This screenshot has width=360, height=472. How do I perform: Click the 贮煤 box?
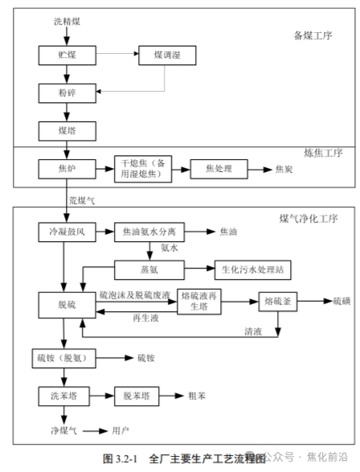tap(67, 55)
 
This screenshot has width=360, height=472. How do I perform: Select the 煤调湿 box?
tap(167, 55)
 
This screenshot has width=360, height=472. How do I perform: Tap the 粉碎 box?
tap(67, 93)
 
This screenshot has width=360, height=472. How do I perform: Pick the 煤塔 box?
tap(67, 131)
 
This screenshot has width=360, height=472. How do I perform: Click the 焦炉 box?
tap(67, 169)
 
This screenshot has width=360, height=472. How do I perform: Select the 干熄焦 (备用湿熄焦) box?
tap(143, 169)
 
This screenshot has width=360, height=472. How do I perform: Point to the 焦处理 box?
tap(219, 169)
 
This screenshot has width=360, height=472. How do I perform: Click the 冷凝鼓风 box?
tap(67, 232)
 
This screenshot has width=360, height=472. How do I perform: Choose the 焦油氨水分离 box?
tap(149, 232)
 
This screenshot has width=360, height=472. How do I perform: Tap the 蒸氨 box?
tap(149, 270)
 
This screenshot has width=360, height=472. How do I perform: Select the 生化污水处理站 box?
tap(252, 270)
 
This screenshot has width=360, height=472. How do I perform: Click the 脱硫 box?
tap(67, 305)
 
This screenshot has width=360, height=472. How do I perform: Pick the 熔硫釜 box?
tap(278, 302)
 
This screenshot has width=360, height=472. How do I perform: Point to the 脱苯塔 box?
tap(137, 396)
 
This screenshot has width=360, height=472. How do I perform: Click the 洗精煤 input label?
tap(67, 22)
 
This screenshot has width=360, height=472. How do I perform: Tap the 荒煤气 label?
tap(82, 200)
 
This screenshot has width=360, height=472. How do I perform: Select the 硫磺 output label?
tap(342, 301)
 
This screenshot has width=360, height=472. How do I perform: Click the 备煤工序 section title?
tap(313, 36)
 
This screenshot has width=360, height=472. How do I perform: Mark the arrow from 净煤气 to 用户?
tap(95, 431)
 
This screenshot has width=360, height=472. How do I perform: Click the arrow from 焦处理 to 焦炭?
tap(260, 170)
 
